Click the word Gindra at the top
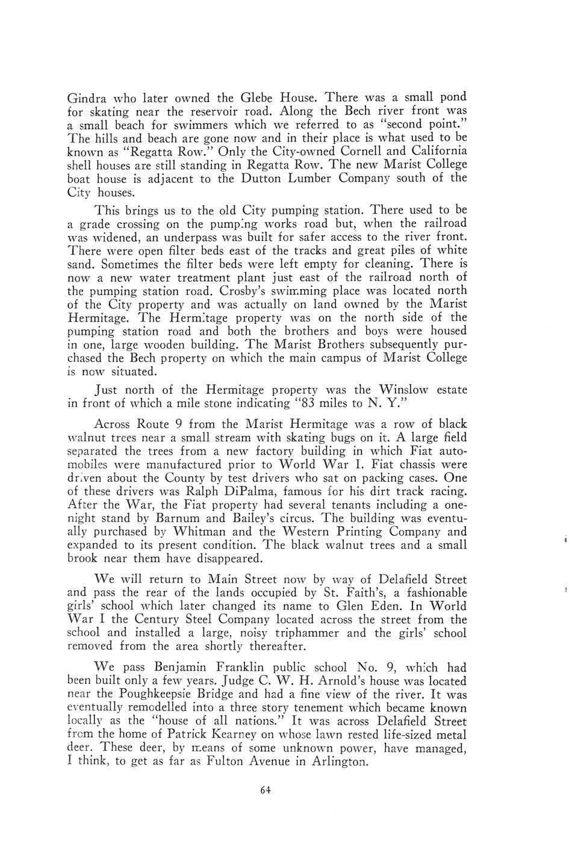coord(87,98)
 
